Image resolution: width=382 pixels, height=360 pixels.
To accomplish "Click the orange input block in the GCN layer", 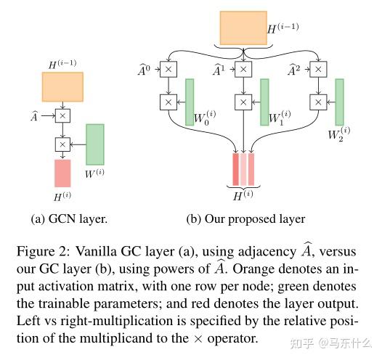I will (x=62, y=86).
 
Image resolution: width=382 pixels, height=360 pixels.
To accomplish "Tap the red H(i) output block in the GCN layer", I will (x=62, y=173).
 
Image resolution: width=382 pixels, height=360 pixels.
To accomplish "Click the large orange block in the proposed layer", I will (x=243, y=28).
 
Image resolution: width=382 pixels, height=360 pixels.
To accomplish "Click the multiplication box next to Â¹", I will (x=244, y=70).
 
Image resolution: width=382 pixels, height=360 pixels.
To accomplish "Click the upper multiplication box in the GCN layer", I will (x=62, y=115).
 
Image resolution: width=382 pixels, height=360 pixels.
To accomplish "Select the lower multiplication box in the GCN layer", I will (x=62, y=144).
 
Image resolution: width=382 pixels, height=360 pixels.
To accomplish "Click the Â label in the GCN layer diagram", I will (x=34, y=114).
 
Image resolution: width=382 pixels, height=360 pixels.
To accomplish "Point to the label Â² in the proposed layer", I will (x=292, y=70).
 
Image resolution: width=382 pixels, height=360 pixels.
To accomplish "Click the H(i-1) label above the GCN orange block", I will (x=63, y=65).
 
